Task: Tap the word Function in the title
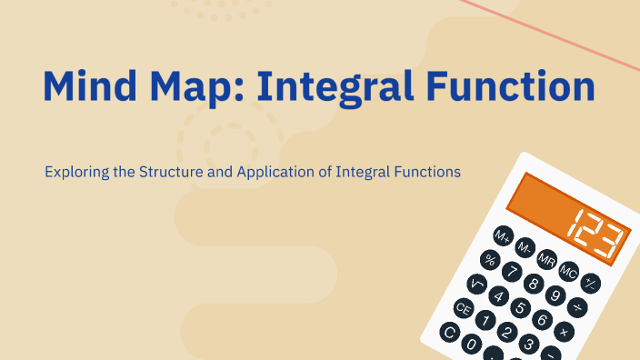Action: click(518, 87)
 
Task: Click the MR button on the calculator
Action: click(546, 260)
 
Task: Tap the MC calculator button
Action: click(568, 271)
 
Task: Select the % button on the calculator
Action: click(491, 261)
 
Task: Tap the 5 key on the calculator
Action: click(521, 307)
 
